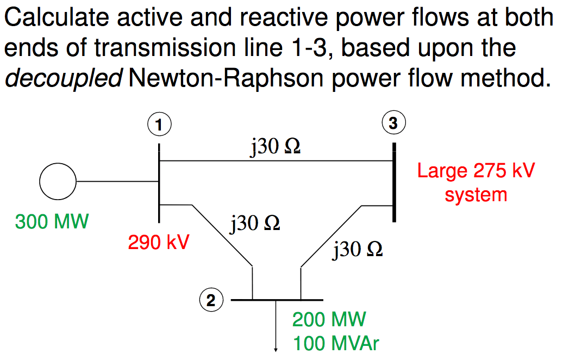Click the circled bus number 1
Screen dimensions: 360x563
[x=159, y=125]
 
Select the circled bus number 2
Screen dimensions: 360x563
[x=211, y=300]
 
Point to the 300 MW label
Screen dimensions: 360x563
[x=52, y=222]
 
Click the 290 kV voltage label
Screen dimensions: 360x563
[x=158, y=242]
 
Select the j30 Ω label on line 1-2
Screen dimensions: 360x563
[x=255, y=223]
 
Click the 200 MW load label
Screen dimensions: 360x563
[x=329, y=319]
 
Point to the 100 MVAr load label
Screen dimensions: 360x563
[x=336, y=344]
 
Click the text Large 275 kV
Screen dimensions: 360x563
[x=476, y=171]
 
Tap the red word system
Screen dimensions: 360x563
[x=476, y=194]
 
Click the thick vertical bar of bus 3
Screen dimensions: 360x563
[x=394, y=182]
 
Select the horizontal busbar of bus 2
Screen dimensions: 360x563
[x=277, y=300]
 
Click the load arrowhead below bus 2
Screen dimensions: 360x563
[x=276, y=349]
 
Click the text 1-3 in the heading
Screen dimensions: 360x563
[x=308, y=48]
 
